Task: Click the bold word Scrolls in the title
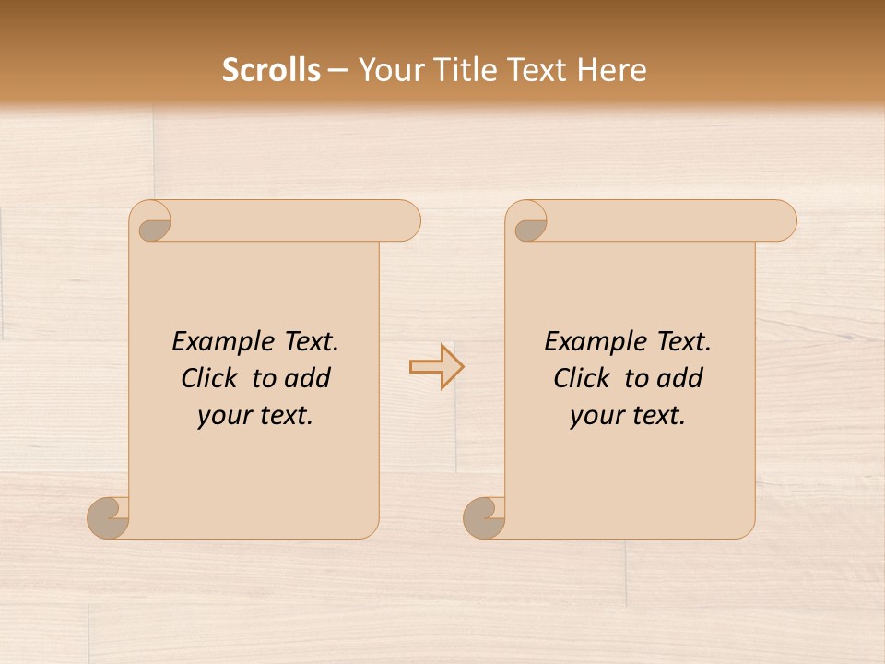point(271,70)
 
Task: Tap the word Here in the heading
point(611,70)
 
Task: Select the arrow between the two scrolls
point(436,367)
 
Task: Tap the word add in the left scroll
point(308,378)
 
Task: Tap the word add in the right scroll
point(680,378)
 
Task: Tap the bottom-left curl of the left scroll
point(109,517)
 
